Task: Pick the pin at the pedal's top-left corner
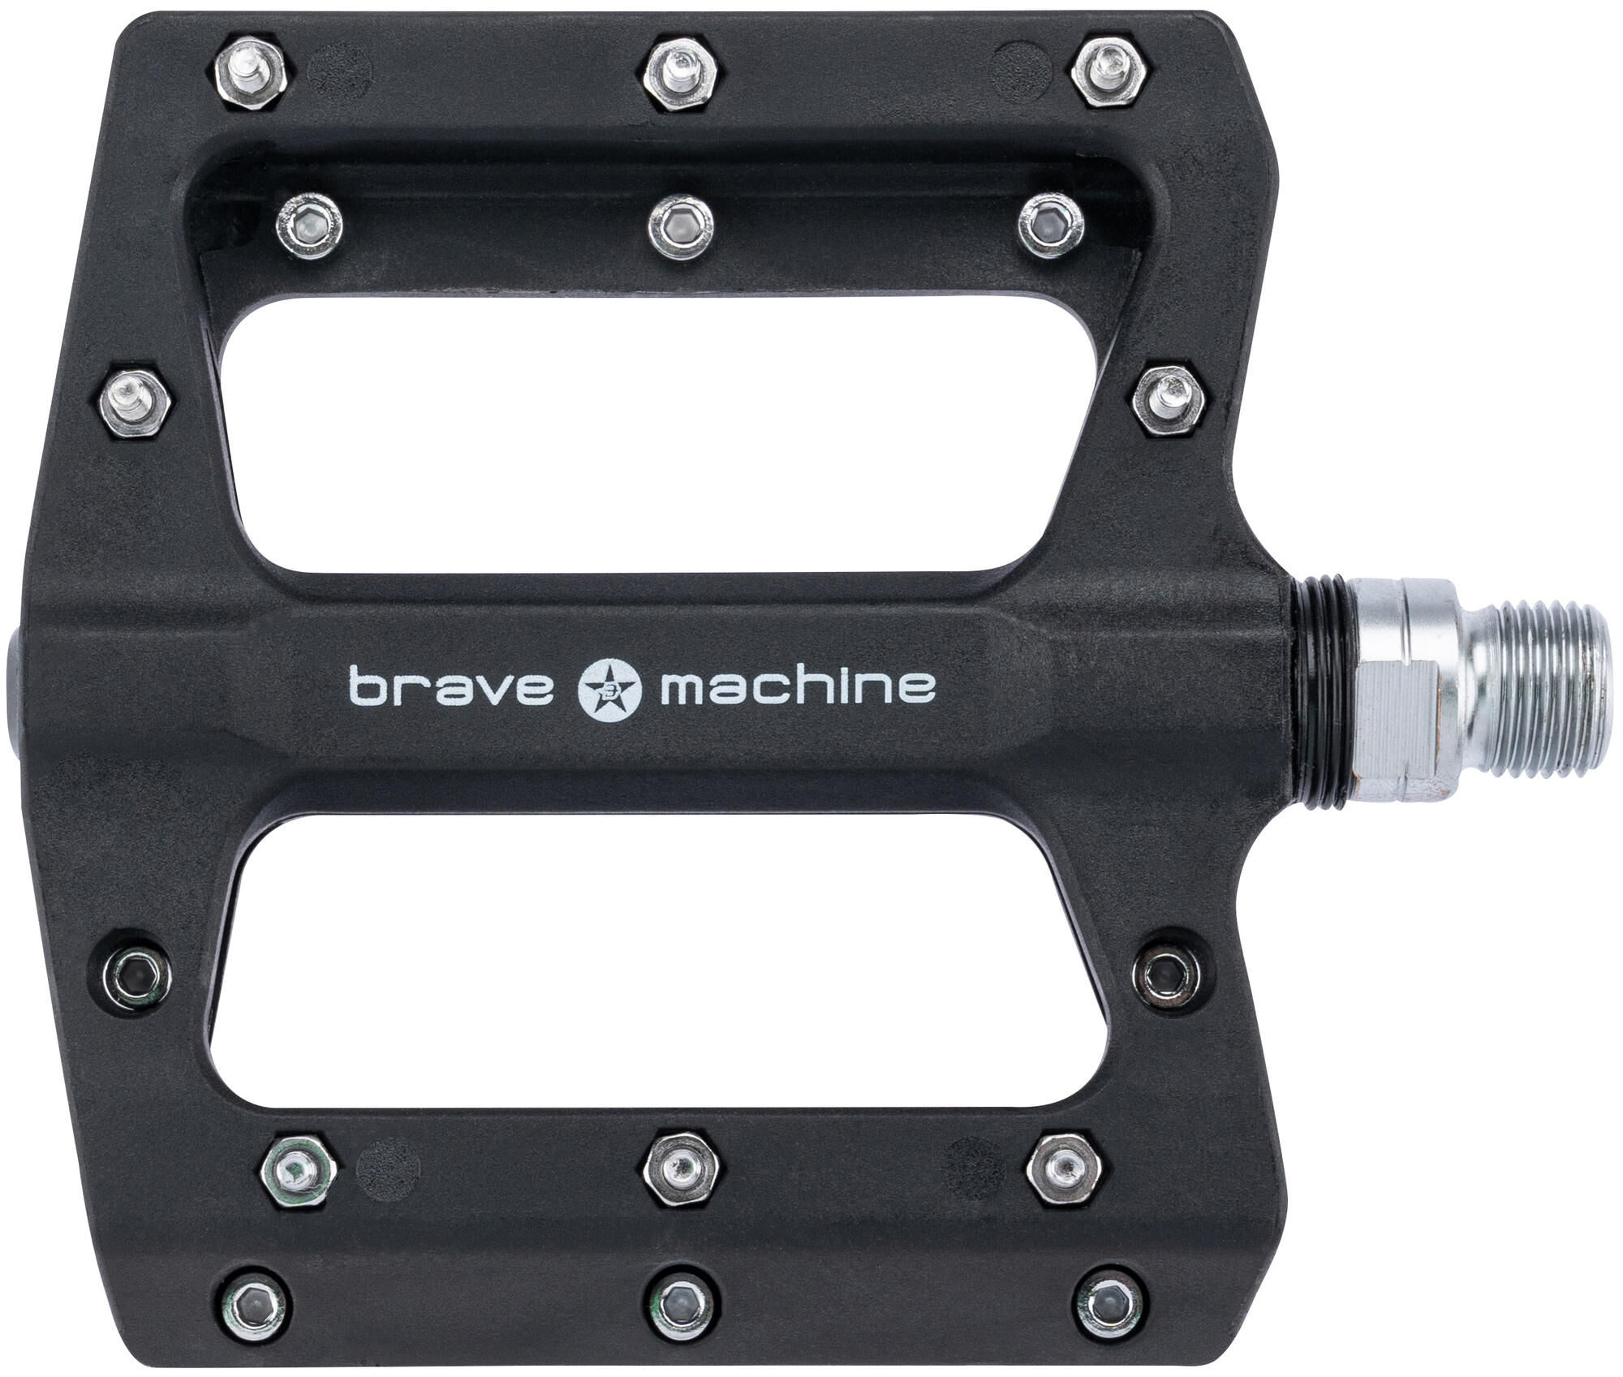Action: coord(252,71)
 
